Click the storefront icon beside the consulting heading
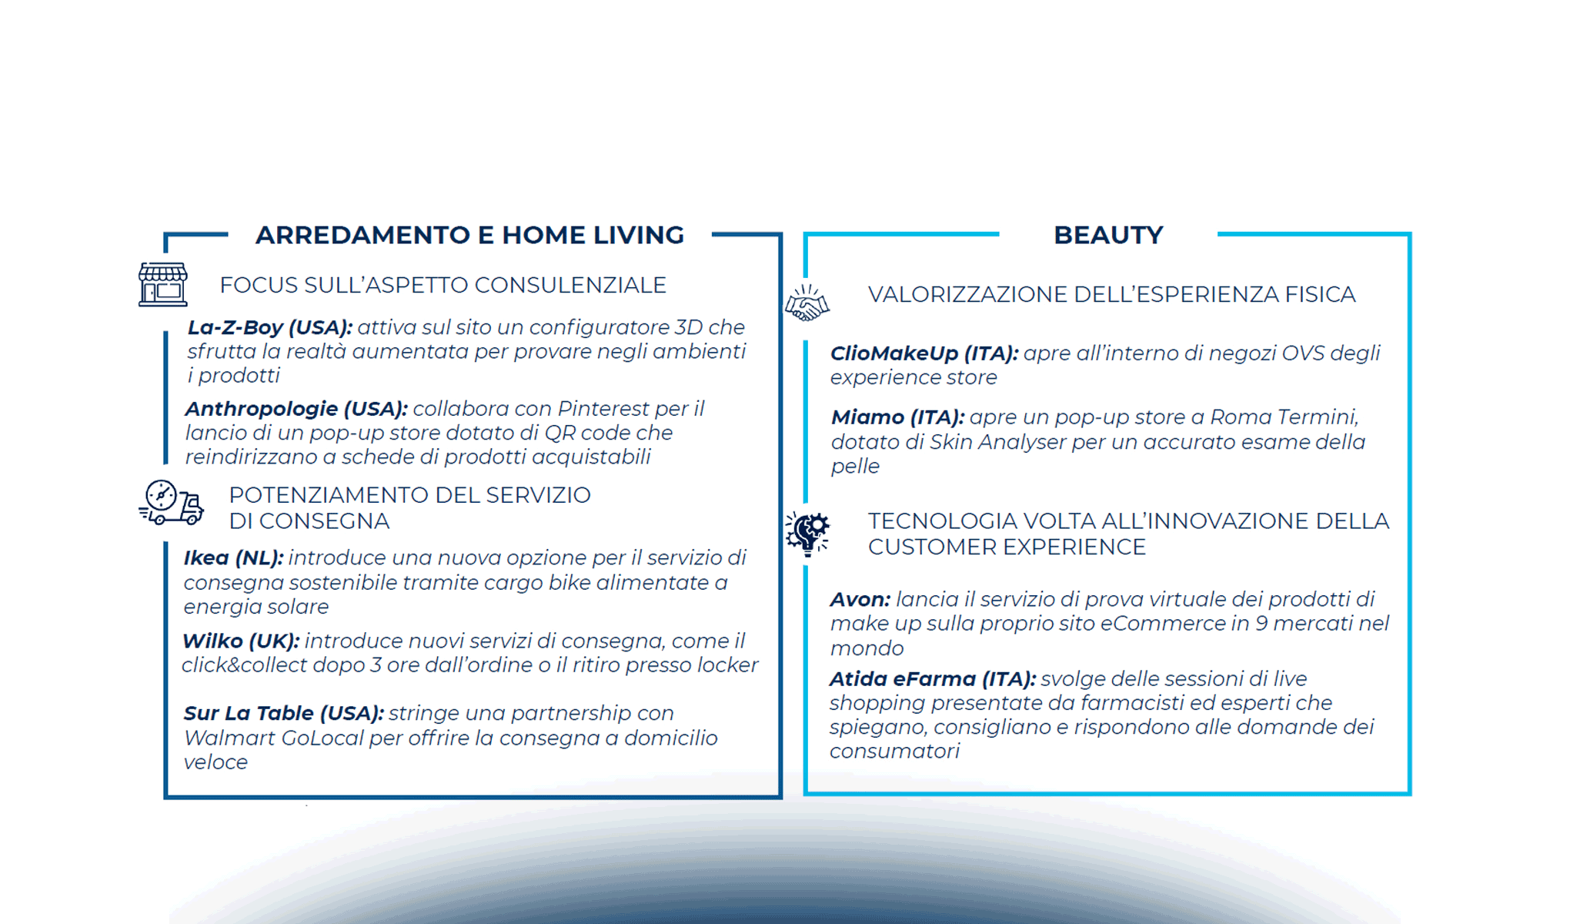click(163, 284)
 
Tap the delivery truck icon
click(171, 503)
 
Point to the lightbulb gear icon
click(807, 533)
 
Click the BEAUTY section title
click(1107, 235)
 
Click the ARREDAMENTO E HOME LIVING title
click(469, 235)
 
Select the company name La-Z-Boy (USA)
click(269, 327)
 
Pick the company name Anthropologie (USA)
click(296, 409)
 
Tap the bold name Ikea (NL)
click(233, 558)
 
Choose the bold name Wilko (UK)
click(240, 641)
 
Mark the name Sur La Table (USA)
click(283, 714)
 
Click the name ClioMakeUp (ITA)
click(924, 353)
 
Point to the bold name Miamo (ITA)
click(897, 417)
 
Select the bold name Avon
click(860, 600)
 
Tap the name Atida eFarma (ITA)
click(932, 679)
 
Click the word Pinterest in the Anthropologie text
click(603, 409)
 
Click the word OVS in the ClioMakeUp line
click(1302, 353)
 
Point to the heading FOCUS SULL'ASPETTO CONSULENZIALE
click(443, 286)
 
